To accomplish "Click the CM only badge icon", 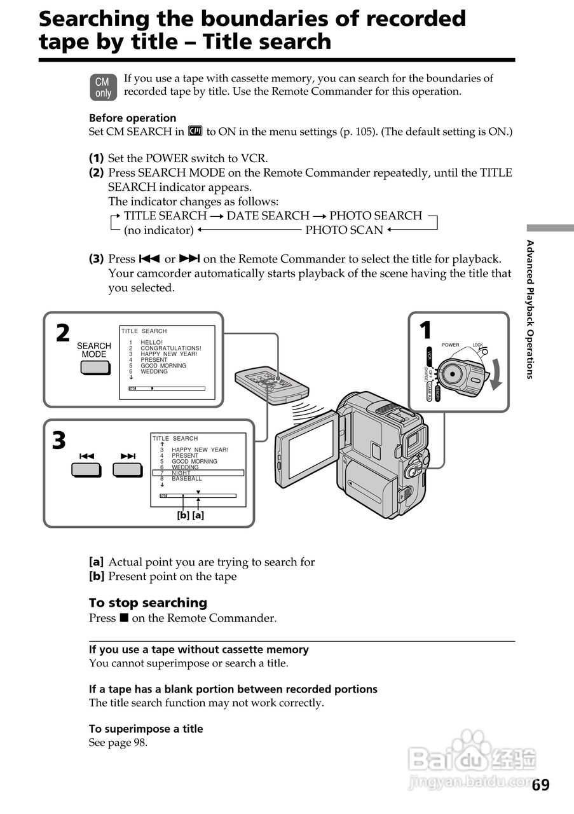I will pyautogui.click(x=102, y=87).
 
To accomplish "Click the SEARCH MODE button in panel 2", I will pyautogui.click(x=94, y=367).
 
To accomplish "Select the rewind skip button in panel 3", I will pyautogui.click(x=86, y=469).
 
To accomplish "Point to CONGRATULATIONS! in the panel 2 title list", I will pyautogui.click(x=170, y=348).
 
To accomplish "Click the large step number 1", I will pyautogui.click(x=425, y=331).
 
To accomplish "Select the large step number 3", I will pyautogui.click(x=59, y=441).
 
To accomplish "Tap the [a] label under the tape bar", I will pyautogui.click(x=198, y=516).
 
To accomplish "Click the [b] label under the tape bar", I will pyautogui.click(x=183, y=516).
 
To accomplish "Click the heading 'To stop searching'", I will pyautogui.click(x=148, y=603).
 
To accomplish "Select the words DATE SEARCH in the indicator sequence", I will pyautogui.click(x=268, y=216).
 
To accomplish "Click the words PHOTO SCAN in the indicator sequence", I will pyautogui.click(x=344, y=230).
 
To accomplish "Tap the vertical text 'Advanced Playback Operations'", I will pyautogui.click(x=530, y=309).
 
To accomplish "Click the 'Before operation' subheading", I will pyautogui.click(x=132, y=118).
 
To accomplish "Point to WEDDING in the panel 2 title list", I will pyautogui.click(x=154, y=371).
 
